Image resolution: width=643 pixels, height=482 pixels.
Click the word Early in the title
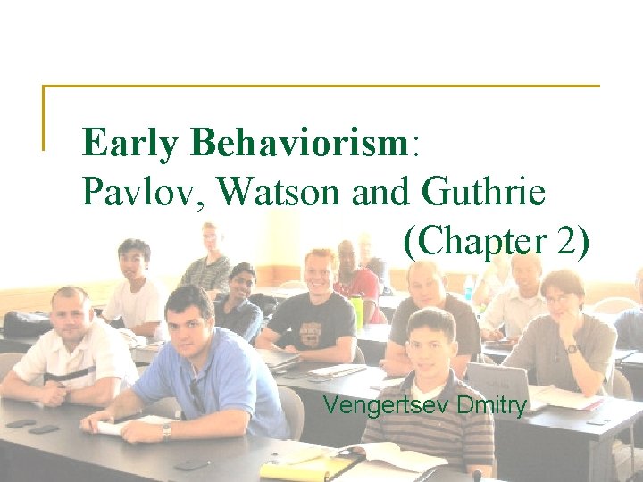click(x=129, y=144)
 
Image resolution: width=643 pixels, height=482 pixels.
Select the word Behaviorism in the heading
click(x=299, y=142)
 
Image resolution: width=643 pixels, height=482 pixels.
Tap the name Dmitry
click(x=490, y=406)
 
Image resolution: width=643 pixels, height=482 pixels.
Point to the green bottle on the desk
click(x=357, y=312)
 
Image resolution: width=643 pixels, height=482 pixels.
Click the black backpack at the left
click(x=28, y=323)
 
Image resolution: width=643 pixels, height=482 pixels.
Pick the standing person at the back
click(x=210, y=259)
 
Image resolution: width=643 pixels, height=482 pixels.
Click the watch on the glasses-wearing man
click(x=571, y=349)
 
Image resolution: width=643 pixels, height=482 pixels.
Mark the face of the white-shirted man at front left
click(x=71, y=317)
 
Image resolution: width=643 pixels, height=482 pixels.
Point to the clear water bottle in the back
click(x=468, y=287)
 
